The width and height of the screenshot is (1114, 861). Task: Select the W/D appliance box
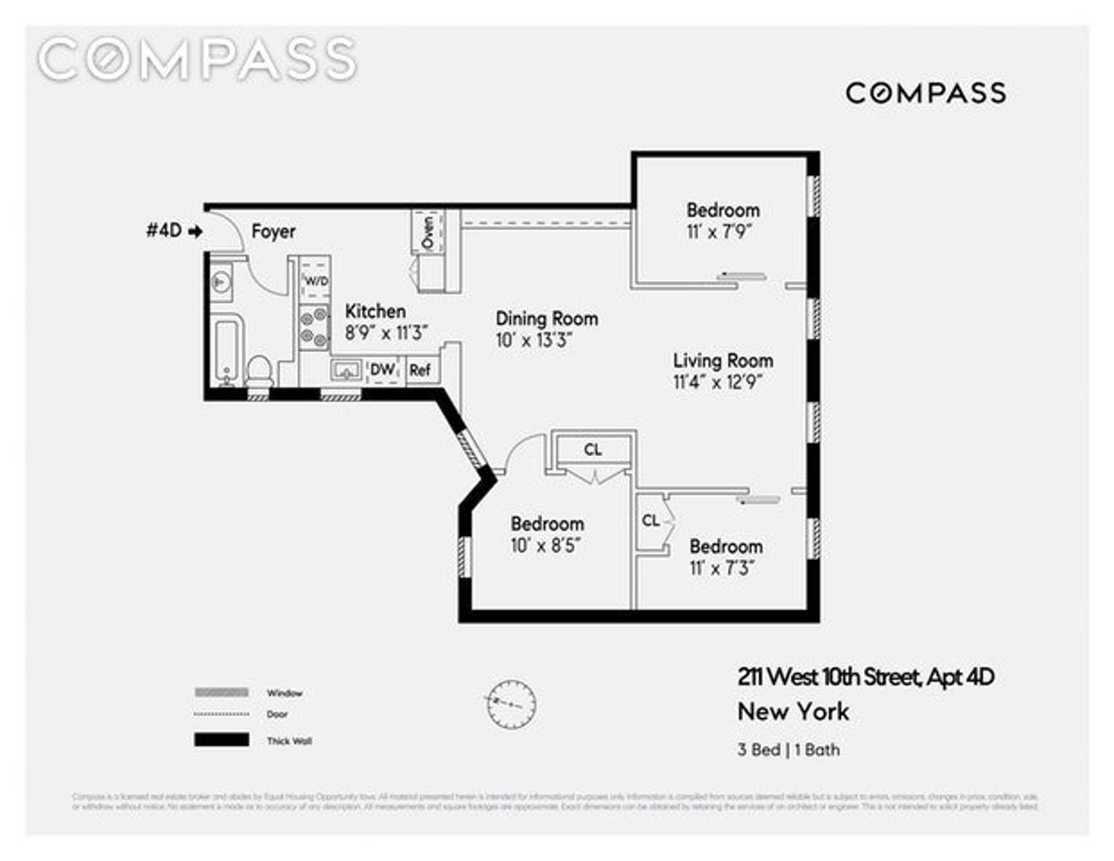point(315,280)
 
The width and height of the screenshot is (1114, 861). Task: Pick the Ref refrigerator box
point(421,370)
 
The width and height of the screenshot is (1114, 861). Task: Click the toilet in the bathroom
point(260,370)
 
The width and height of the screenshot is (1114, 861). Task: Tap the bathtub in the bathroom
point(227,351)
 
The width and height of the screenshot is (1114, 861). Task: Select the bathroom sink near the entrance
point(221,280)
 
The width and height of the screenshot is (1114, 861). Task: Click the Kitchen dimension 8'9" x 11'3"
point(375,334)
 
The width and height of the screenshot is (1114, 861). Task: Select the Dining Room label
point(546,319)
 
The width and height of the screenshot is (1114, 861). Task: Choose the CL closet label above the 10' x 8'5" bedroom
point(592,449)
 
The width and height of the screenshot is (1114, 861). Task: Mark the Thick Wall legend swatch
point(221,740)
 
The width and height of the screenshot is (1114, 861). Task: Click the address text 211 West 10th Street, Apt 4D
point(865,678)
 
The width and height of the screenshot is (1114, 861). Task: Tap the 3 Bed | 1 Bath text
point(788,749)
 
